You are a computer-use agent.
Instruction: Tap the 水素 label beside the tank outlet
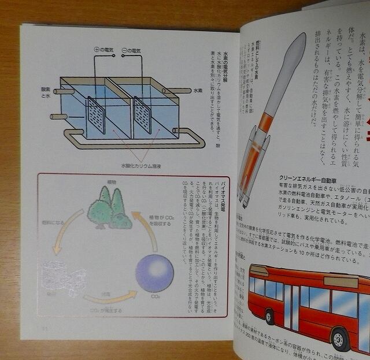(198, 91)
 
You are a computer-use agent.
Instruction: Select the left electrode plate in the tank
(96, 116)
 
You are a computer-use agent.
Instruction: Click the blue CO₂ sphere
(154, 273)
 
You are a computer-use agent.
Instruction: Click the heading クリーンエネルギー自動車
(312, 180)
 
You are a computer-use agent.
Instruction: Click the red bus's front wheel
(342, 338)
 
